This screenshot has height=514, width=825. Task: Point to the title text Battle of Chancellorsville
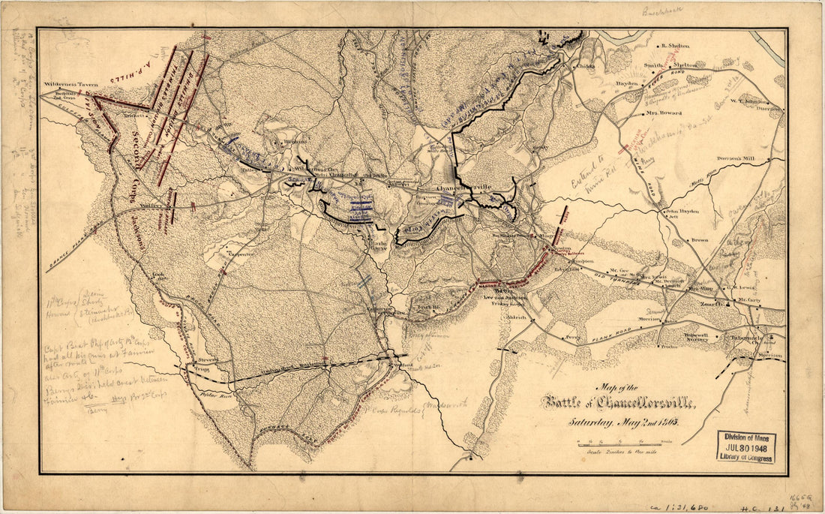619,404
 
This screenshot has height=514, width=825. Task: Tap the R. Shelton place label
674,45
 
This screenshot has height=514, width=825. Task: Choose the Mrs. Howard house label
663,113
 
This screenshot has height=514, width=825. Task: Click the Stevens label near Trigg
208,359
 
